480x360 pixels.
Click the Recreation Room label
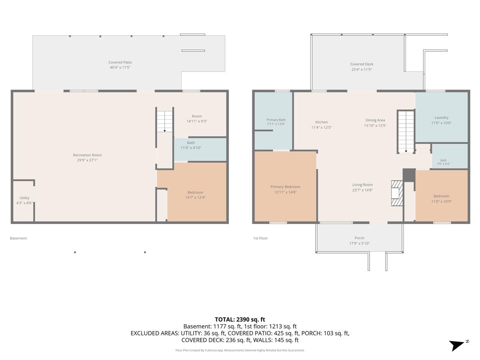click(87, 155)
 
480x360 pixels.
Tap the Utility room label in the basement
click(24, 198)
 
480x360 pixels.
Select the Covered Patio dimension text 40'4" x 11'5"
click(120, 67)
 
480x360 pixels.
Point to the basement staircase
click(165, 122)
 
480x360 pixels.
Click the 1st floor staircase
click(406, 132)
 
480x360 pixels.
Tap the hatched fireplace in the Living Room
click(397, 193)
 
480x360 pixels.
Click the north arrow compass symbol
click(459, 345)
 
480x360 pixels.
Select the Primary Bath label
click(276, 120)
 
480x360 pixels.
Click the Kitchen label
click(322, 122)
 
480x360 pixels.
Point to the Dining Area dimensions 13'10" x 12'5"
click(375, 126)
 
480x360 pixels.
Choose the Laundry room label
click(441, 118)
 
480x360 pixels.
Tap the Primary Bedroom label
click(285, 187)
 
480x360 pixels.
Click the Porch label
click(359, 238)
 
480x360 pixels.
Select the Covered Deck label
click(362, 64)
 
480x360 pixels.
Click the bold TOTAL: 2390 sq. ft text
click(240, 319)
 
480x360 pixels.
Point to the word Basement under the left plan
click(18, 238)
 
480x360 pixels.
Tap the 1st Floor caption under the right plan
click(260, 238)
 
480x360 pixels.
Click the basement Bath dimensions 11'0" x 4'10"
click(191, 148)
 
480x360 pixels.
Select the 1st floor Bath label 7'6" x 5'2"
click(444, 162)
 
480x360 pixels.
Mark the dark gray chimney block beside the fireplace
click(409, 175)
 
